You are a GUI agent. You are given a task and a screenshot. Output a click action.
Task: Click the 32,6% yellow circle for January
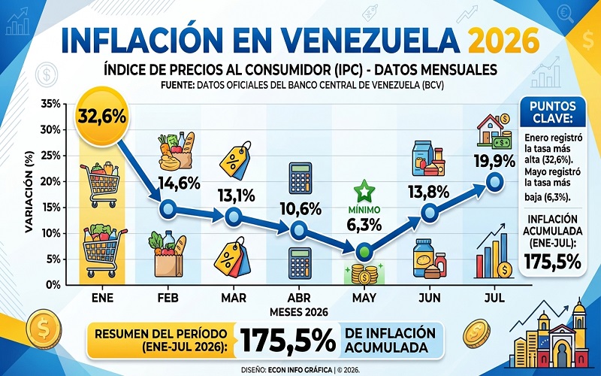click(x=102, y=117)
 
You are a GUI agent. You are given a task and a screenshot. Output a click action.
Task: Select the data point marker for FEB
click(x=168, y=209)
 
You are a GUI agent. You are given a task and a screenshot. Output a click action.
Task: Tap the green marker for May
click(x=364, y=252)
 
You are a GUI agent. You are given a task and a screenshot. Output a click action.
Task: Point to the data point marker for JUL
click(x=494, y=182)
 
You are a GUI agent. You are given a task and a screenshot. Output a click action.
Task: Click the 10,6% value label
click(x=300, y=209)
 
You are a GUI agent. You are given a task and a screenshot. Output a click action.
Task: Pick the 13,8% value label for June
click(x=429, y=192)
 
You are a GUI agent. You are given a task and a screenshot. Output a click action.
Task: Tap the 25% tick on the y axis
click(x=50, y=156)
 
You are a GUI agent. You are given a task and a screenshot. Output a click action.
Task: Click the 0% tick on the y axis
click(x=53, y=285)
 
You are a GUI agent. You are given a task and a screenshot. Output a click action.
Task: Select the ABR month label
click(x=299, y=298)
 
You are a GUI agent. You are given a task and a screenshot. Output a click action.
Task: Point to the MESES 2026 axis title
click(x=298, y=312)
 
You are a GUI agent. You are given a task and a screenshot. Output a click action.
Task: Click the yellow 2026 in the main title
click(x=503, y=41)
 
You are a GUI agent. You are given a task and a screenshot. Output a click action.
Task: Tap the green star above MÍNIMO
click(x=364, y=191)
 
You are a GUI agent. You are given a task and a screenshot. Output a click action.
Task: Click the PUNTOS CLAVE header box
click(x=552, y=111)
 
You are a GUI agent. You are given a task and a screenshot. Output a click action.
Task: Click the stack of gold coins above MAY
click(x=364, y=274)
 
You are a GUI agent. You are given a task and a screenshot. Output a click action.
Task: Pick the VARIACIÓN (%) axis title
click(x=29, y=192)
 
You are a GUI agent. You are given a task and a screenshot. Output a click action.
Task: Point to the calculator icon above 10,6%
click(x=300, y=178)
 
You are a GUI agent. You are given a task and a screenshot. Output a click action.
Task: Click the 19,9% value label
click(x=494, y=162)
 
